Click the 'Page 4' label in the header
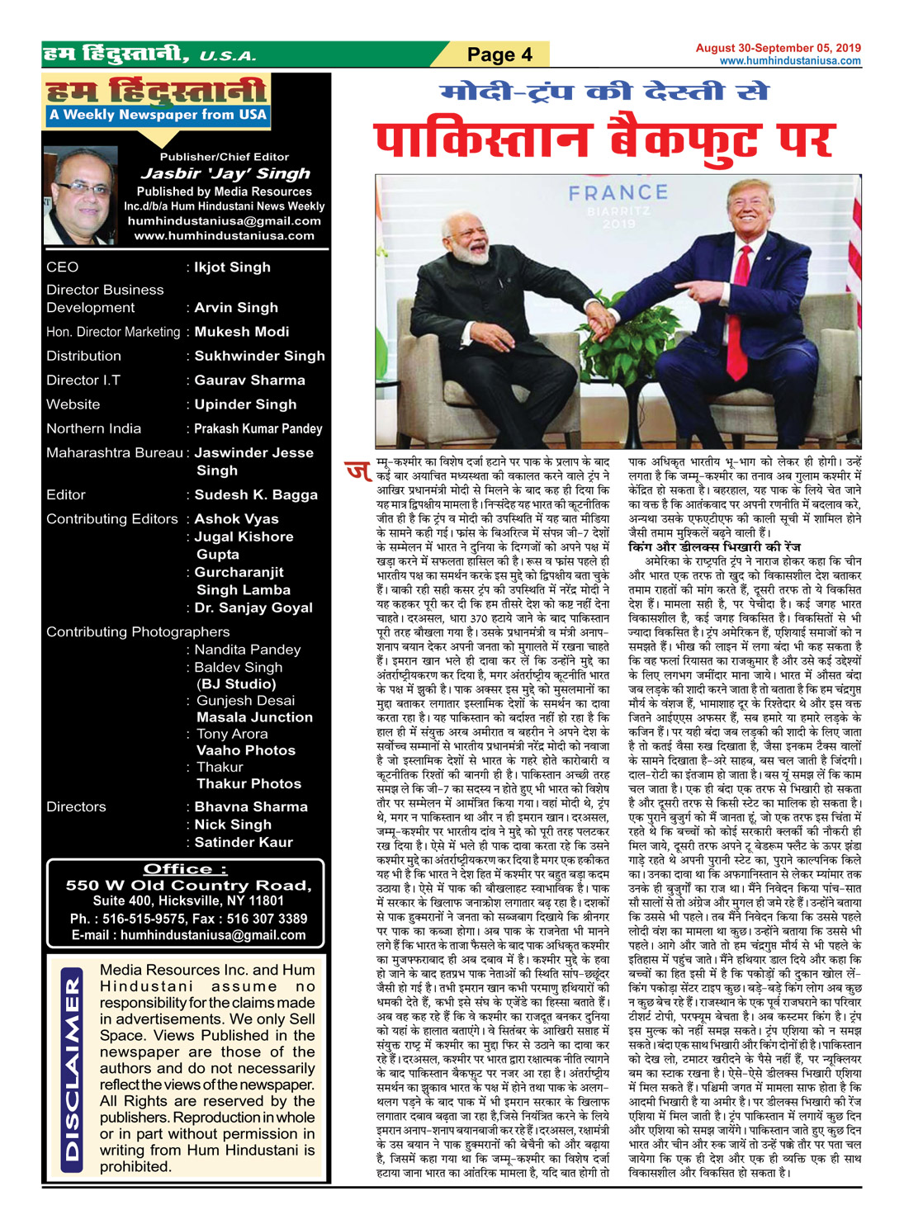coord(499,54)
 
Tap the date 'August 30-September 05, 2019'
coord(778,48)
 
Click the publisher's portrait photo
coord(81,196)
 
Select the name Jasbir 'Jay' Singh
coord(225,173)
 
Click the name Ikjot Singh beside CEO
coord(232,267)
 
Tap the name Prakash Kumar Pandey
coord(258,428)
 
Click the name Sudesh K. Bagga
coord(256,494)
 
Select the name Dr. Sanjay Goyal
coord(253,607)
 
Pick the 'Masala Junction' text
coord(254,717)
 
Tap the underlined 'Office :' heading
coord(185,868)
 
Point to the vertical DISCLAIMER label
coord(73,1070)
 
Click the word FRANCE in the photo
coord(618,193)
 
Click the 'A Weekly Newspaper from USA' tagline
coord(158,115)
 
